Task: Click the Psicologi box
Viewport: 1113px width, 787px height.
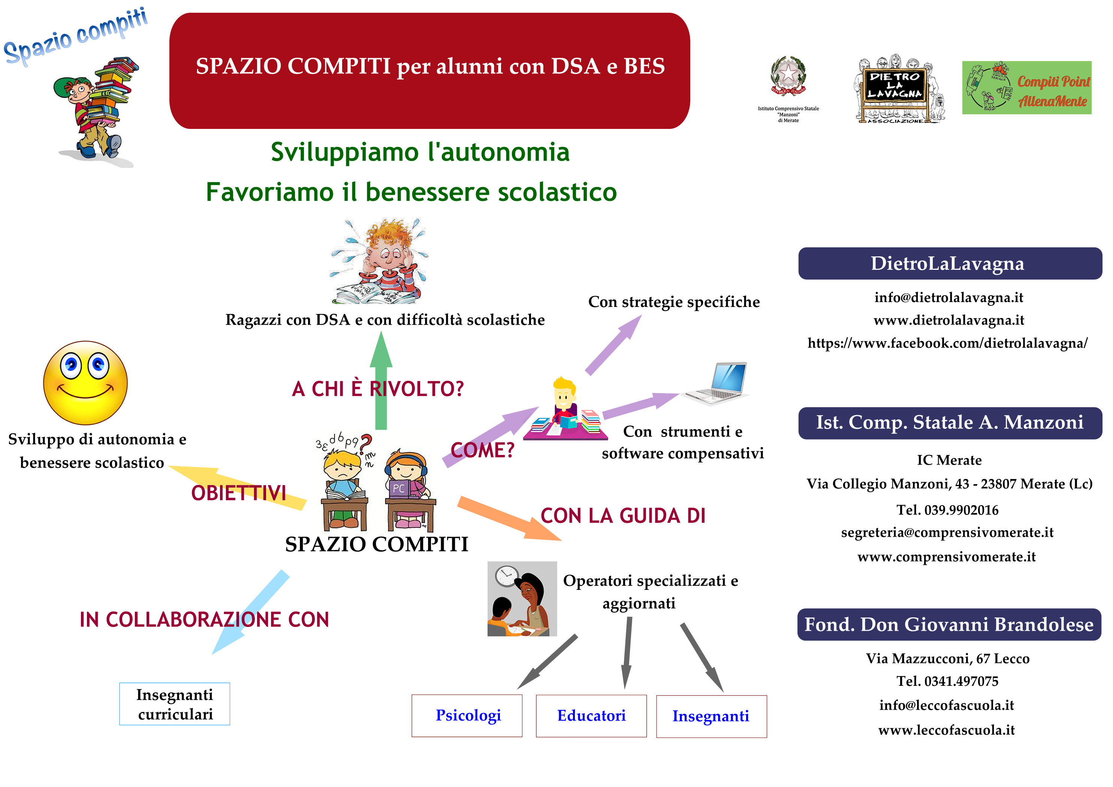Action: (467, 716)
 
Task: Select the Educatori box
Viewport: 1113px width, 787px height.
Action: (591, 716)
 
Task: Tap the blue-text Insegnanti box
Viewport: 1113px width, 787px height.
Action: (711, 716)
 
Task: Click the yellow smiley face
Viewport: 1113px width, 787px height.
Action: (85, 383)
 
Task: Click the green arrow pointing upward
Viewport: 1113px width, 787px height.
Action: (381, 380)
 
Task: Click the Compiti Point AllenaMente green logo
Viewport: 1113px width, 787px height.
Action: (1027, 88)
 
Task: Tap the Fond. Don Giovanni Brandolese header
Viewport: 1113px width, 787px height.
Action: (949, 624)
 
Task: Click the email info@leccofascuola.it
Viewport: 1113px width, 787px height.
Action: (947, 705)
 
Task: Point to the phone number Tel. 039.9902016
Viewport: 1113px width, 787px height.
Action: (947, 510)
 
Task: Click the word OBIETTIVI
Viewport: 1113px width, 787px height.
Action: (238, 493)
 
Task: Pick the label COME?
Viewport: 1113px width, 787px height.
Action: (482, 450)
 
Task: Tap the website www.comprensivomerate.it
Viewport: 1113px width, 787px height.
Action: (946, 557)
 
